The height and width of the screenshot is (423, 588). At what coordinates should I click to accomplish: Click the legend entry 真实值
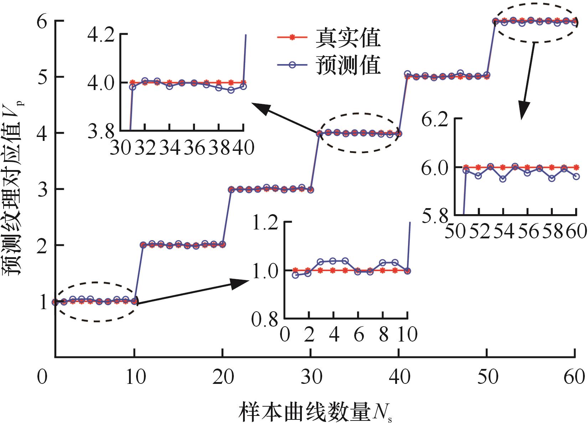347,38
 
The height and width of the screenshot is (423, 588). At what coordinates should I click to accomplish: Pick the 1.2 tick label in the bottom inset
266,222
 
